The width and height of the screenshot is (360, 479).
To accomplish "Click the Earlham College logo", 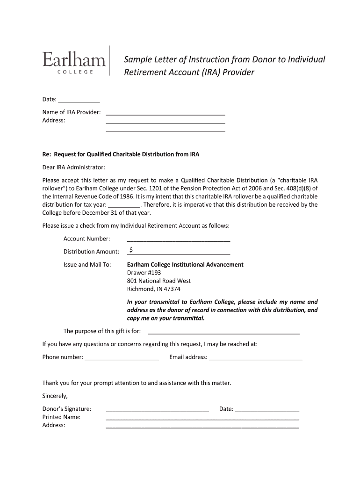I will (75, 61).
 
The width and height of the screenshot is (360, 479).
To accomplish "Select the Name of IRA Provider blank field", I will (166, 112).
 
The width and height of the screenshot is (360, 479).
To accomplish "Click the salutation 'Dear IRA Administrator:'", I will (74, 167).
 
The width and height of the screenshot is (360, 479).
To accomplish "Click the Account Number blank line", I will (179, 239).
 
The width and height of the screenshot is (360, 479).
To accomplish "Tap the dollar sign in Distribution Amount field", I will (131, 250).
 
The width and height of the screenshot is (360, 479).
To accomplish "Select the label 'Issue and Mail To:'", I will (87, 265).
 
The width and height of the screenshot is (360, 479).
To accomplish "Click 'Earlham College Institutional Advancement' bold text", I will (185, 265).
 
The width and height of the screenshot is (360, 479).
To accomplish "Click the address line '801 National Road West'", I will (159, 281).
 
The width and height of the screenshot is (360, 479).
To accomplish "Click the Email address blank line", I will (256, 358).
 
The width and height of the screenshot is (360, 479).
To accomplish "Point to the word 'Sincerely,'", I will (55, 396).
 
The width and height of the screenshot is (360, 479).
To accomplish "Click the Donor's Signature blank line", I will (157, 409).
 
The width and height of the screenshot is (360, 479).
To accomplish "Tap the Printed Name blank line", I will (202, 417).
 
